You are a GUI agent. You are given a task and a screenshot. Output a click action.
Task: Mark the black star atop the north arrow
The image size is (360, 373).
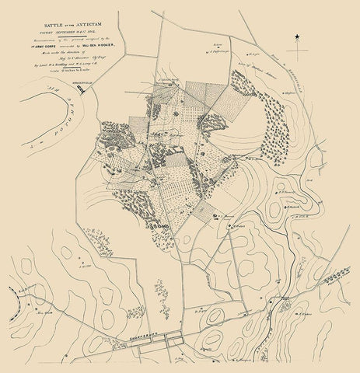pos(296,47)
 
